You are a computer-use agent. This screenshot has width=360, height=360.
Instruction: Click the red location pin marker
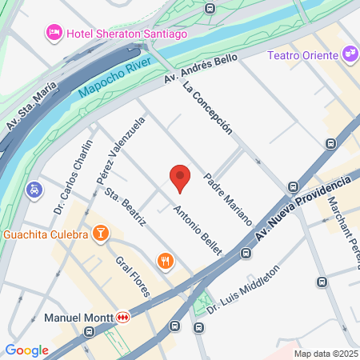pos(181,178)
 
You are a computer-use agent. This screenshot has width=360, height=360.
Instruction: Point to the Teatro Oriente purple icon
pos(349,54)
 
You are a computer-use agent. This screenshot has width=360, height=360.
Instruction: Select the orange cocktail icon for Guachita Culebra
pos(101,234)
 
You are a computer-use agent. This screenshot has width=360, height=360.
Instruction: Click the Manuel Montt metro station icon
pos(123,317)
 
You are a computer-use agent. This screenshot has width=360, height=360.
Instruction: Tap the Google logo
pos(26,350)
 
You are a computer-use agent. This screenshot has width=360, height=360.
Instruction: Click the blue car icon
pos(34,190)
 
